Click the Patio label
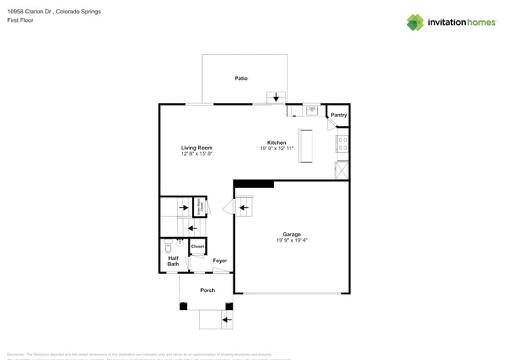pos(241,78)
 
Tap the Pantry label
pos(338,115)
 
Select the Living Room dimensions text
pos(197,153)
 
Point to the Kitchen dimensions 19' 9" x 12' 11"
pos(276,149)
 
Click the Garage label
pos(291,234)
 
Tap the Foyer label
pos(220,261)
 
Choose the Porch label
pos(208,290)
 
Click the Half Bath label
pos(173,261)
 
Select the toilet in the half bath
pos(168,247)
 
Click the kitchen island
pos(305,146)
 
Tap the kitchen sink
pos(312,110)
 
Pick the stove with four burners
pos(342,144)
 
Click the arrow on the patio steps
pos(276,97)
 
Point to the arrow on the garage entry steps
pos(243,207)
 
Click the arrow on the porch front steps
pos(226,319)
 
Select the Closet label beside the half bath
pos(197,247)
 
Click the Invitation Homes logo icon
pos(415,23)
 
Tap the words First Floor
pos(20,20)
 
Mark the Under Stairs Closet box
pos(200,207)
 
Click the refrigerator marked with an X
pos(341,171)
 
